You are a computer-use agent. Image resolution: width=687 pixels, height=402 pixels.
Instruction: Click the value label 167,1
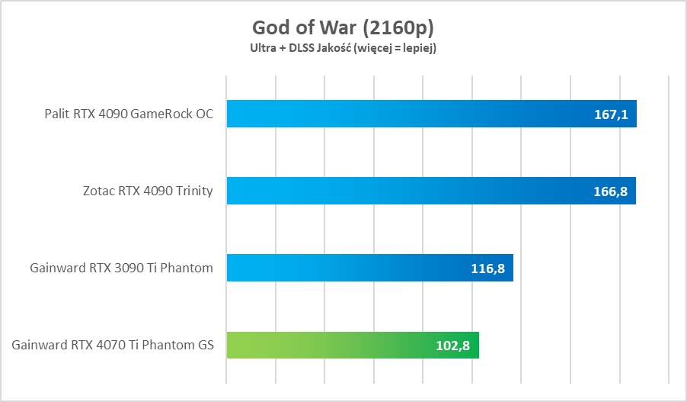pyautogui.click(x=610, y=114)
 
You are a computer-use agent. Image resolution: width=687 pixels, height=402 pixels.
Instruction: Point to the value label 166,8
pyautogui.click(x=610, y=191)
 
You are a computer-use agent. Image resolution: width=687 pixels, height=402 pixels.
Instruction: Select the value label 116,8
pyautogui.click(x=487, y=269)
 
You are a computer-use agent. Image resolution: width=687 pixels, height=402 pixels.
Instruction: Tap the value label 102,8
pyautogui.click(x=453, y=346)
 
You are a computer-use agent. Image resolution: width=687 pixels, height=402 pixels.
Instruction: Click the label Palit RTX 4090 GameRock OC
pyautogui.click(x=129, y=114)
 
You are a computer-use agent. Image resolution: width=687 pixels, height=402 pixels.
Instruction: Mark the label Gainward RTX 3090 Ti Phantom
pyautogui.click(x=121, y=268)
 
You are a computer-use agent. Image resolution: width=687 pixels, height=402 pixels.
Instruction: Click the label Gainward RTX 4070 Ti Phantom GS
pyautogui.click(x=113, y=345)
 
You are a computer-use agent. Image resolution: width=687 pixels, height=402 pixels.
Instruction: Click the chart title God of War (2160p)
pyautogui.click(x=343, y=27)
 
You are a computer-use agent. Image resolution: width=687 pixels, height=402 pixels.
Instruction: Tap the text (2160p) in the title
pyautogui.click(x=398, y=28)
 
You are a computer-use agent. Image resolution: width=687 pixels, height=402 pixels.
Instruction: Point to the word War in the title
pyautogui.click(x=340, y=27)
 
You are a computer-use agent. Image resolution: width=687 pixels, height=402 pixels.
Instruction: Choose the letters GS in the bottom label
pyautogui.click(x=206, y=345)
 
